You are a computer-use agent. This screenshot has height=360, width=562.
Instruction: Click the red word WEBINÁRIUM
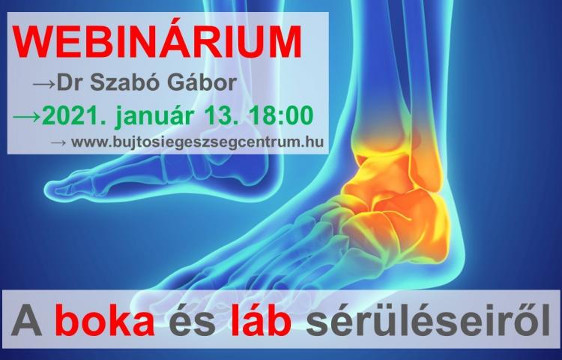[157, 41]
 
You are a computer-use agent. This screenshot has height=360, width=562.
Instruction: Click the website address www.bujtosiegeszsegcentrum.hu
[198, 142]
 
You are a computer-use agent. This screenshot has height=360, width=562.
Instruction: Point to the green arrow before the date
[27, 117]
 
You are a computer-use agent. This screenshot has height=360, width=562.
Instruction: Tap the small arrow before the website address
[58, 142]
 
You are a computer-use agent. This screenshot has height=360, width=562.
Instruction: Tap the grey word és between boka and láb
[193, 319]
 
